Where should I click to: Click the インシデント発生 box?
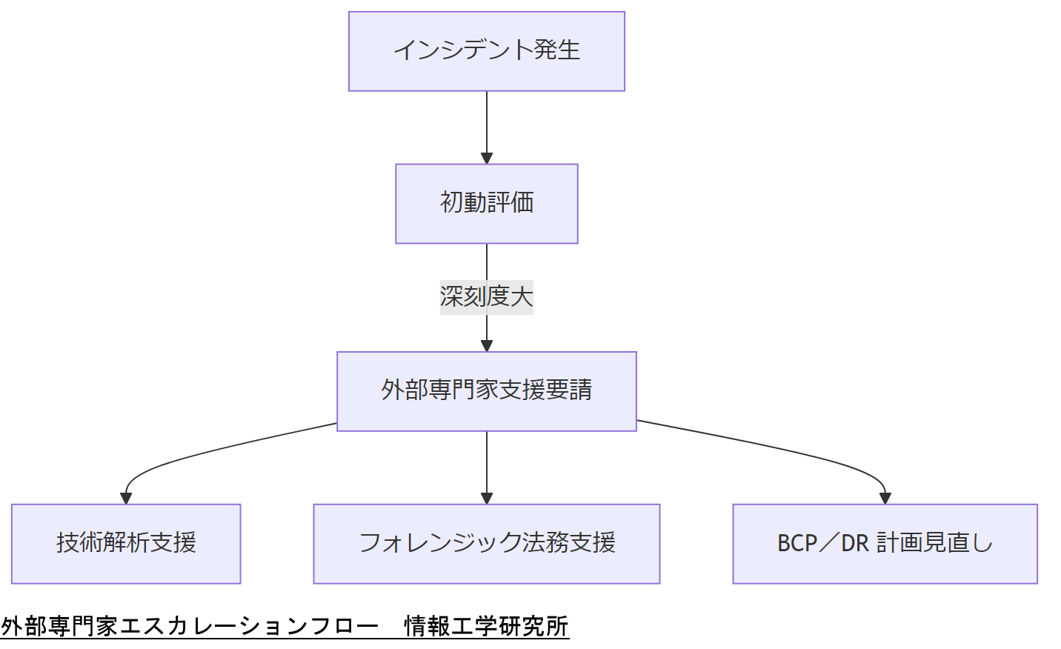pyautogui.click(x=487, y=51)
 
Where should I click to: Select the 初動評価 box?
pyautogui.click(x=487, y=204)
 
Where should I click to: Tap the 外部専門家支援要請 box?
pyautogui.click(x=487, y=391)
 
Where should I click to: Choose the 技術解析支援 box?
pyautogui.click(x=126, y=544)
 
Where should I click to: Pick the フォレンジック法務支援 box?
pyautogui.click(x=487, y=544)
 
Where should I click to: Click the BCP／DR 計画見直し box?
pyautogui.click(x=885, y=544)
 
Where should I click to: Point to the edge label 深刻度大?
pyautogui.click(x=487, y=297)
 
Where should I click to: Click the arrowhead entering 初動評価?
pyautogui.click(x=487, y=159)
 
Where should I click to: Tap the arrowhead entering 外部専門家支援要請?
pyautogui.click(x=487, y=346)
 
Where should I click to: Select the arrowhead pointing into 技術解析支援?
pyautogui.click(x=126, y=499)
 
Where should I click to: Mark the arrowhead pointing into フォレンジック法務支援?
pyautogui.click(x=487, y=499)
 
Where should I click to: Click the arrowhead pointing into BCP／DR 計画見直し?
pyautogui.click(x=885, y=499)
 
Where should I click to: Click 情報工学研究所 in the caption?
pyautogui.click(x=486, y=627)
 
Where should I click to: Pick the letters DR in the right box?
pyautogui.click(x=854, y=544)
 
